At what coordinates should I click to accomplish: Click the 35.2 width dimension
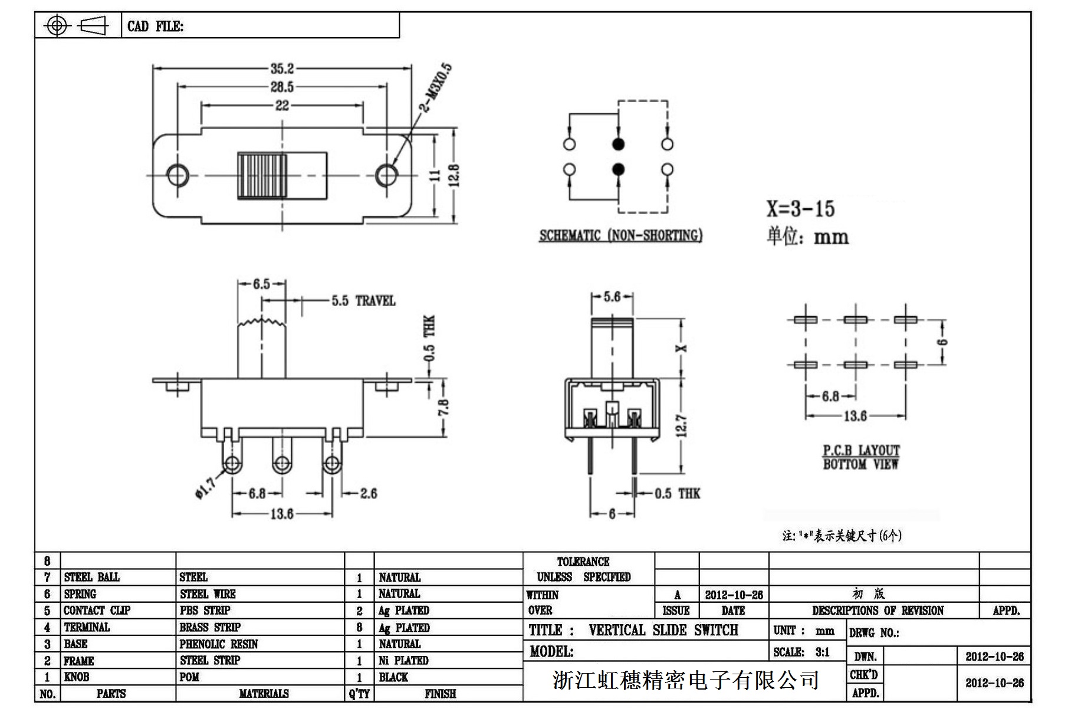[x=282, y=68]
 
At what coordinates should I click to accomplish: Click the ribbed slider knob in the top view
[x=262, y=175]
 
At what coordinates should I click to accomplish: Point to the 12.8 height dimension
[x=454, y=176]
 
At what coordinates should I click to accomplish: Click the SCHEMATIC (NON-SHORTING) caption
[x=620, y=235]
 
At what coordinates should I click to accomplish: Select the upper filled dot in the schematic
[x=618, y=144]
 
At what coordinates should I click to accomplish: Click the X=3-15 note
[x=800, y=209]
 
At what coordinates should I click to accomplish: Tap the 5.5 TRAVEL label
[x=363, y=301]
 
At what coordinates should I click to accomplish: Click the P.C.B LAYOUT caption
[x=861, y=451]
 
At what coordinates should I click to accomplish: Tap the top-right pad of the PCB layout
[x=905, y=320]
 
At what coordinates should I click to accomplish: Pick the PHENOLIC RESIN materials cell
[x=219, y=644]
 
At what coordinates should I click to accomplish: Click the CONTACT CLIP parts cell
[x=97, y=611]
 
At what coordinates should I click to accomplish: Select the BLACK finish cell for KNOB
[x=393, y=677]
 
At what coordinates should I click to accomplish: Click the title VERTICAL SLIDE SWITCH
[x=663, y=631]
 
